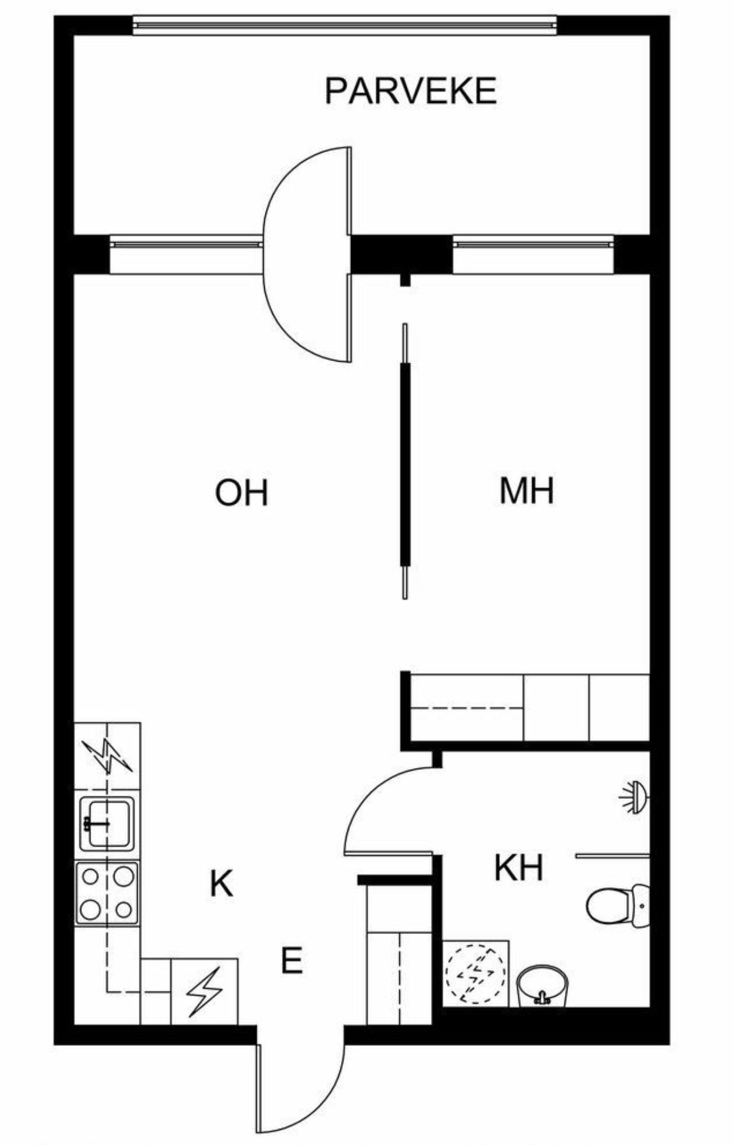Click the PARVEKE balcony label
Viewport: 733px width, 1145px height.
point(411,91)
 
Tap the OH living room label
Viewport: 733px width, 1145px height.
point(241,492)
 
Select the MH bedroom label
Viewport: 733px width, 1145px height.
point(526,491)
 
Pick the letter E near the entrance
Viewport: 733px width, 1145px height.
point(291,961)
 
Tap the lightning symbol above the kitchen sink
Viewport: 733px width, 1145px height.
point(108,756)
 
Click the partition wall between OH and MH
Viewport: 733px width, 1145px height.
point(405,465)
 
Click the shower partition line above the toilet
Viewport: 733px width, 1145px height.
point(613,855)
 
